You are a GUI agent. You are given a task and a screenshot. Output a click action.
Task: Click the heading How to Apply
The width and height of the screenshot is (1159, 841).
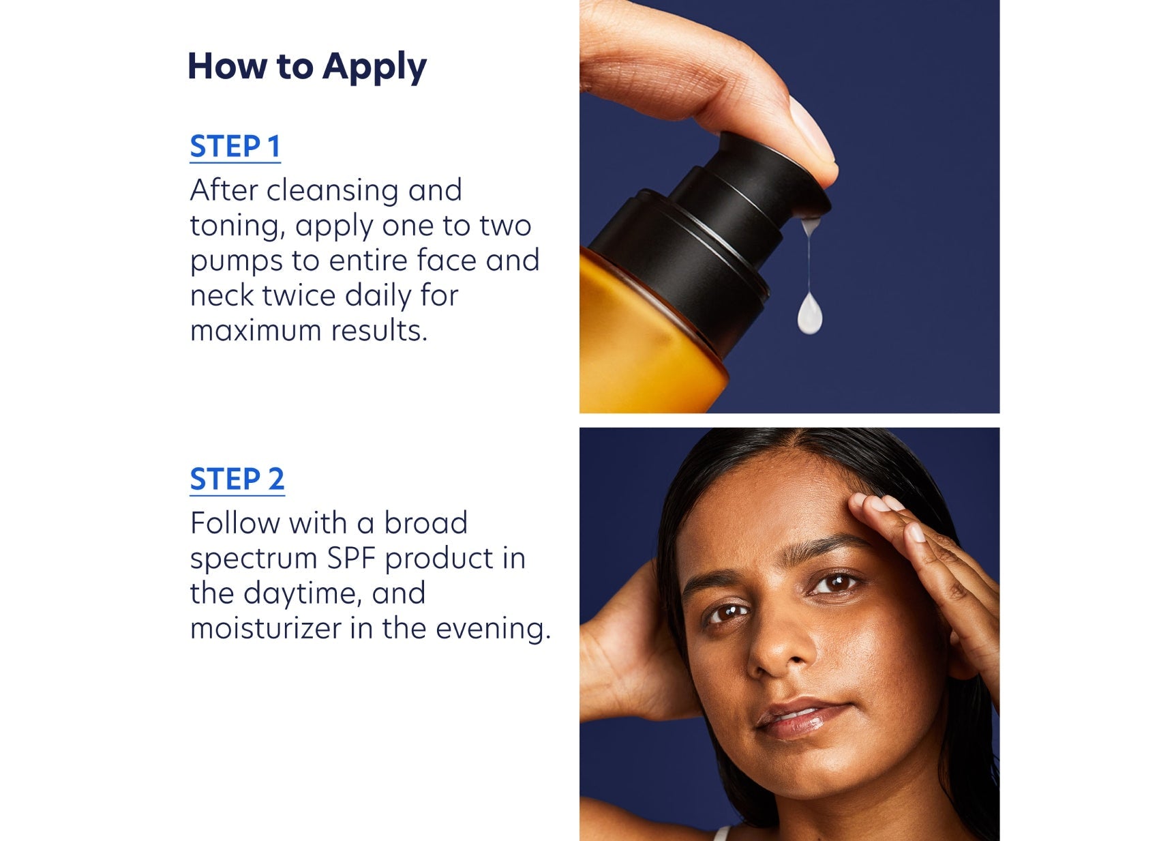click(x=307, y=67)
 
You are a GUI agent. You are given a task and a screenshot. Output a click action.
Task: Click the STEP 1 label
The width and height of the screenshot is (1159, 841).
click(x=235, y=147)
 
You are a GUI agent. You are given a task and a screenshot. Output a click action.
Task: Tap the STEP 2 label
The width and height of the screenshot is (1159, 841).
click(x=237, y=479)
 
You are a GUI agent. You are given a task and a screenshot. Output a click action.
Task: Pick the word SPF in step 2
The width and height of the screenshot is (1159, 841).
click(x=351, y=559)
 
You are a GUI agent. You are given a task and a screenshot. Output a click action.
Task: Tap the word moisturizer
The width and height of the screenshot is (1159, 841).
click(x=266, y=628)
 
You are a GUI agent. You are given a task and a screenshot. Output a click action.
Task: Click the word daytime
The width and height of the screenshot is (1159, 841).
click(x=301, y=594)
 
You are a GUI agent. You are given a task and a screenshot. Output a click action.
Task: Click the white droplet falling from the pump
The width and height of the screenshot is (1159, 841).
click(x=810, y=315)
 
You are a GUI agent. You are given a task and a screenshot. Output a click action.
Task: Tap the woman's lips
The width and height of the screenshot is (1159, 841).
click(x=801, y=720)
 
